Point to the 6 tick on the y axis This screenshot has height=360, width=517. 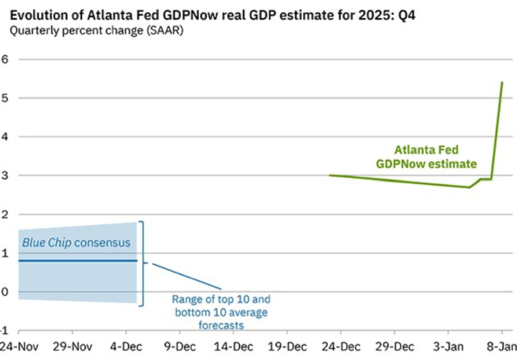point(4,59)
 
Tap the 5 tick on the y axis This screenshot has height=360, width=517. point(4,98)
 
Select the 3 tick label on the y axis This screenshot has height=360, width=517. point(4,176)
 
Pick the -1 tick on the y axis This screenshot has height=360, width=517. point(3,330)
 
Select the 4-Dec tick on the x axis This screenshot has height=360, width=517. point(127,346)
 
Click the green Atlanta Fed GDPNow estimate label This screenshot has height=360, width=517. point(436,157)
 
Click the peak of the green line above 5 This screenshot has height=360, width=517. point(502,82)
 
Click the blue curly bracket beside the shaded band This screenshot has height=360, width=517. point(143,263)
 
